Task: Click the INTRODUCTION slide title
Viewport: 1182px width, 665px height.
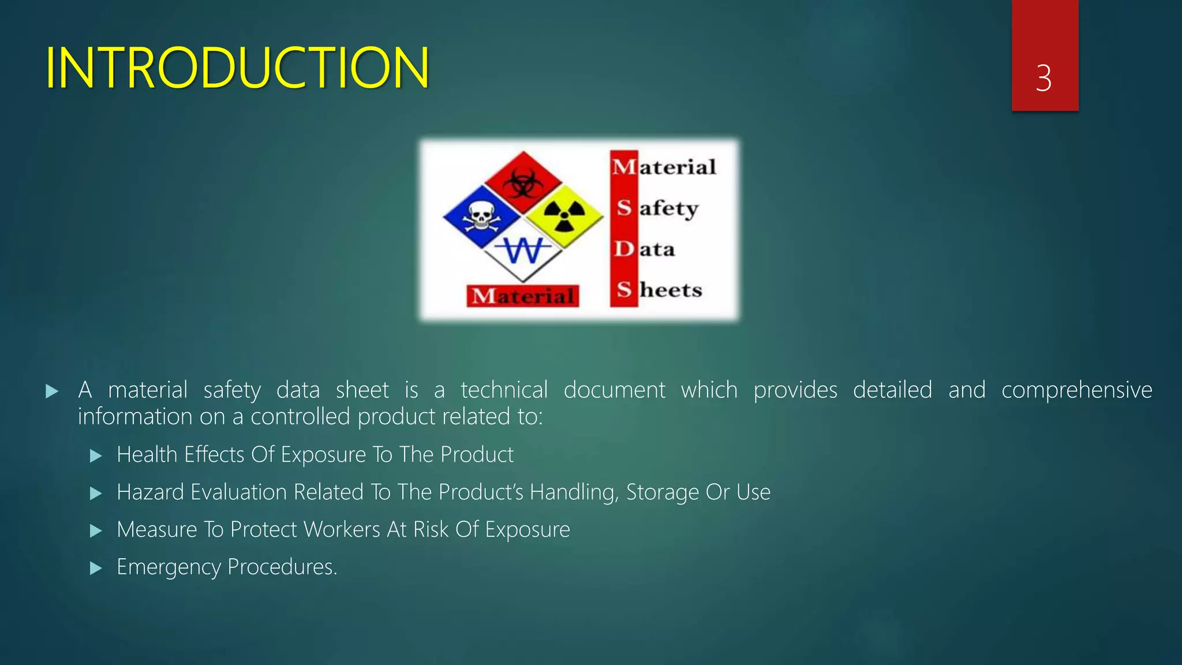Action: point(237,68)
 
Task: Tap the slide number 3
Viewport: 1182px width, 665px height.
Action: point(1043,78)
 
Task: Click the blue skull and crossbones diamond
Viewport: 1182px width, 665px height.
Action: point(481,216)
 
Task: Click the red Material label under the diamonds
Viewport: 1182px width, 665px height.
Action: point(523,296)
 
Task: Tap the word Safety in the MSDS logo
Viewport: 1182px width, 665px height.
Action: point(658,208)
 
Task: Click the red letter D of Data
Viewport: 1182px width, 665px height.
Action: point(624,249)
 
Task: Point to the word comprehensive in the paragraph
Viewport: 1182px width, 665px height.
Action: point(1076,390)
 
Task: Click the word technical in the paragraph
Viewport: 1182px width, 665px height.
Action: point(504,390)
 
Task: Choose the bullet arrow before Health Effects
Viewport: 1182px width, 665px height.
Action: point(96,457)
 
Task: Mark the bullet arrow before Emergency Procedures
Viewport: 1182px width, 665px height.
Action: point(96,569)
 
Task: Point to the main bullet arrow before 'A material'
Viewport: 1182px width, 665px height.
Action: point(52,392)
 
